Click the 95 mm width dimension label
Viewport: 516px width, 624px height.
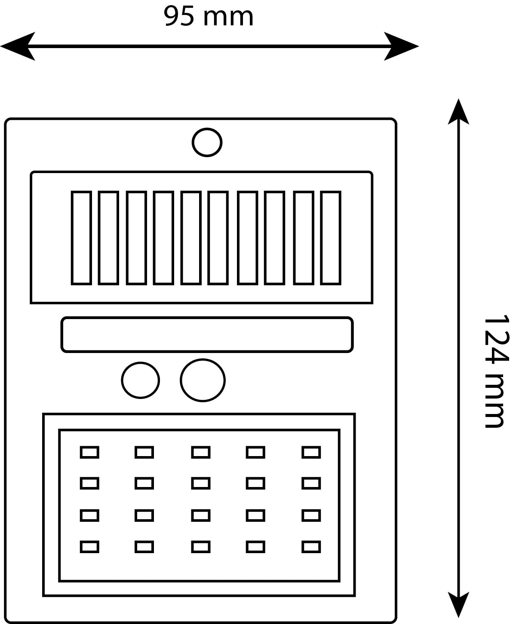coord(209,17)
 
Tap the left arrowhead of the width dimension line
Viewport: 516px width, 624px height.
coord(17,46)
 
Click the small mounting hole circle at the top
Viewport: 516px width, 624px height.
coord(207,142)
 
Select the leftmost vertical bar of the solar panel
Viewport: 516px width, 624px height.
coord(81,238)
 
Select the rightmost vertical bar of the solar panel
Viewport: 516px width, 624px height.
coord(331,238)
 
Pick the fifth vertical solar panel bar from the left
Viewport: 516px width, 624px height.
coord(191,238)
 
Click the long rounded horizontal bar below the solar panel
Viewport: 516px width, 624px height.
coord(207,335)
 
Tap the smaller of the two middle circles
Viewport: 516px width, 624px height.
coord(141,380)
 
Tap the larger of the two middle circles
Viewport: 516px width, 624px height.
coord(203,380)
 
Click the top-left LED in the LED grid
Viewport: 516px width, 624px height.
coord(89,452)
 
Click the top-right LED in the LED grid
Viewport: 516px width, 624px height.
coord(311,452)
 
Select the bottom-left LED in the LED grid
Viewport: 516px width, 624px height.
coord(89,547)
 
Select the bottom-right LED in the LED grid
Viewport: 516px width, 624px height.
coord(311,547)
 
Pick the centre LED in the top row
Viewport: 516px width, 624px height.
coord(201,452)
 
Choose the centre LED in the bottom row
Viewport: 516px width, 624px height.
coord(201,547)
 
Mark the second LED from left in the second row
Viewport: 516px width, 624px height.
coord(144,484)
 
